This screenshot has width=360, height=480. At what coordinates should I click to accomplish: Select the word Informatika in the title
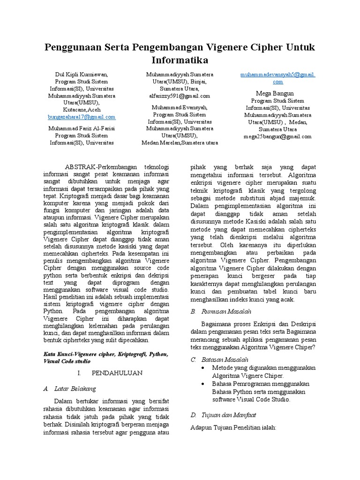180,60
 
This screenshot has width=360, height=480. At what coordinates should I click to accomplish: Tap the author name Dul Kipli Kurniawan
82,74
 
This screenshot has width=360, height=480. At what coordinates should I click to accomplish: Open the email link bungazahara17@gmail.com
82,117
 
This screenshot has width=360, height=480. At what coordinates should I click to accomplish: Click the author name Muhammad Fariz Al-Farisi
82,127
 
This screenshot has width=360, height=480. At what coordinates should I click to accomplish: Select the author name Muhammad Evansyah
180,107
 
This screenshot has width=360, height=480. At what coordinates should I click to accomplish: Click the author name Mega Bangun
277,93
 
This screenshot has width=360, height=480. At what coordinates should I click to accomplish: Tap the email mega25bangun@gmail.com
277,136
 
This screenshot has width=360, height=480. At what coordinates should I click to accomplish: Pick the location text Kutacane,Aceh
82,109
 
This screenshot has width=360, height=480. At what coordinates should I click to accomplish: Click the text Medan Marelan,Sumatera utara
180,142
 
